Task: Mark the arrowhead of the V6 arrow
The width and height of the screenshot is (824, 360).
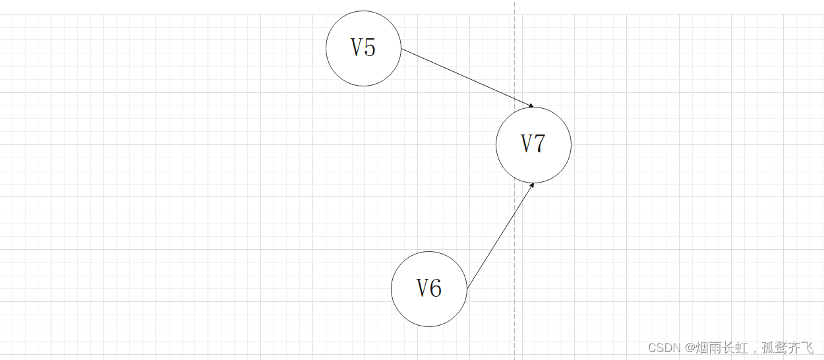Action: pyautogui.click(x=531, y=185)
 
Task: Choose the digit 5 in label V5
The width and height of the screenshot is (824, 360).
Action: pyautogui.click(x=370, y=48)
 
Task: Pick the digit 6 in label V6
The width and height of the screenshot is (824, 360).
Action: pyautogui.click(x=436, y=289)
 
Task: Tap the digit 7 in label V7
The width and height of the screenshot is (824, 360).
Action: pyautogui.click(x=540, y=144)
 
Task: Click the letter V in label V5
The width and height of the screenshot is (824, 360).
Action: pyautogui.click(x=357, y=48)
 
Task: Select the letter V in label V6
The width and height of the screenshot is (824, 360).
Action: pyautogui.click(x=423, y=289)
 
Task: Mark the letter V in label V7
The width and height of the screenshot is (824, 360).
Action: pyautogui.click(x=527, y=144)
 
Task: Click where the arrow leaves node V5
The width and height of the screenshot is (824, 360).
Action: pyautogui.click(x=402, y=49)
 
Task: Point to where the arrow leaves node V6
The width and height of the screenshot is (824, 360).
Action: pyautogui.click(x=467, y=288)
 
